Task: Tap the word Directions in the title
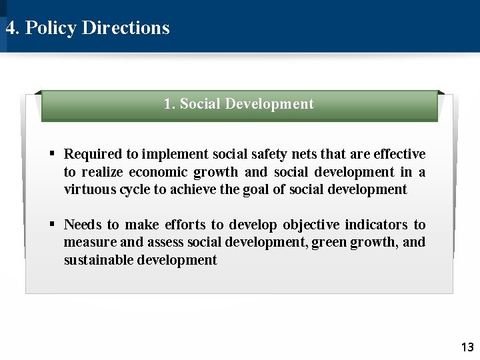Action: pos(126,28)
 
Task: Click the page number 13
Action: pos(467,347)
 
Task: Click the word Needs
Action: pos(83,225)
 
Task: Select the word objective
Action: pos(311,225)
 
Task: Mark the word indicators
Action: pos(375,225)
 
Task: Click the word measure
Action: pos(89,242)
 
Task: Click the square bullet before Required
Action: pos(51,154)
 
